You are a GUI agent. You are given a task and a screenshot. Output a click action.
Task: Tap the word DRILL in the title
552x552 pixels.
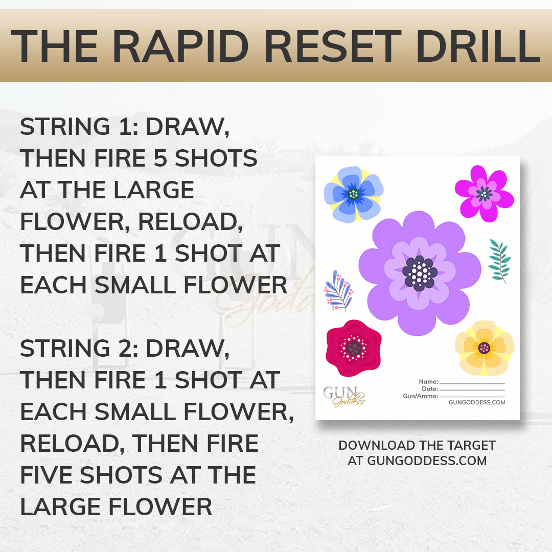click(478, 46)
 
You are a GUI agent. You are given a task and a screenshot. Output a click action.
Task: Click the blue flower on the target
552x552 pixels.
click(354, 194)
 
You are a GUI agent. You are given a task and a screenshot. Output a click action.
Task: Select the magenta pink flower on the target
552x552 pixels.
click(485, 194)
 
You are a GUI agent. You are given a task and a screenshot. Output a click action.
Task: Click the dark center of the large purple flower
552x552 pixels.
click(420, 273)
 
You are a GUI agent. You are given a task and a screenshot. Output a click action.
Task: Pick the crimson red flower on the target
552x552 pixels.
click(354, 348)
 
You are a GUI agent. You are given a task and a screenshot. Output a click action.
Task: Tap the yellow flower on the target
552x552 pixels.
click(485, 348)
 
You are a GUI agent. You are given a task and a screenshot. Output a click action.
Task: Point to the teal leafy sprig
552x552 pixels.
click(499, 261)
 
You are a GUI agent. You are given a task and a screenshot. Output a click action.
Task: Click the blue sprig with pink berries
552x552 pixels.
click(338, 291)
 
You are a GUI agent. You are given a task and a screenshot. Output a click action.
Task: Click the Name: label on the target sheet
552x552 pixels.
click(428, 382)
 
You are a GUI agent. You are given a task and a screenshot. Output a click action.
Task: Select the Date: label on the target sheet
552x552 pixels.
click(430, 389)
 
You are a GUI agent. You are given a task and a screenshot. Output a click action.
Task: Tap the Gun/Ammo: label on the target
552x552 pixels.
click(420, 396)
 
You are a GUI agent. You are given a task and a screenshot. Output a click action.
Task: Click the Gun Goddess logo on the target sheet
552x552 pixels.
click(344, 397)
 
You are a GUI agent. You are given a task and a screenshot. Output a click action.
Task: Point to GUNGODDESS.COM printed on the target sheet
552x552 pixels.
click(477, 402)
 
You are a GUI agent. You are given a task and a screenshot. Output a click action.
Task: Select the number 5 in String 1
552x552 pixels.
click(160, 158)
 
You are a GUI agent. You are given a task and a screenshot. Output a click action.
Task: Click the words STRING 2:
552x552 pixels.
click(79, 348)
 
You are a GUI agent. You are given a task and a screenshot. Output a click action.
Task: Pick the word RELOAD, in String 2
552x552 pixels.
click(73, 443)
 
